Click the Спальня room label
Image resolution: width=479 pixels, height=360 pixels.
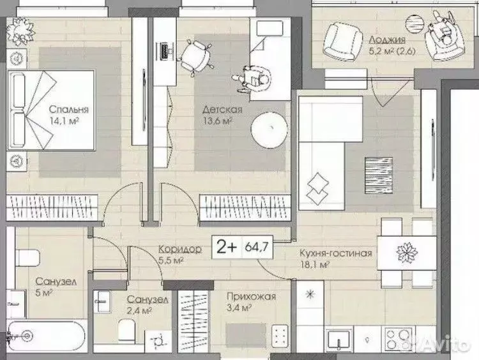click(69, 110)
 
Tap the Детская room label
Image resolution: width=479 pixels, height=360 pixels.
click(222, 110)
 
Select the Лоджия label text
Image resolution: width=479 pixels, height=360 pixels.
click(388, 40)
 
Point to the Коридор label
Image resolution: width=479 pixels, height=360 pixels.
click(180, 249)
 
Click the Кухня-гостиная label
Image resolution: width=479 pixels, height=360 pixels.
click(336, 253)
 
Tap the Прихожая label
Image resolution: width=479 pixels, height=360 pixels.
click(251, 296)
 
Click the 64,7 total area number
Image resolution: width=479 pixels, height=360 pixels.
click(257, 246)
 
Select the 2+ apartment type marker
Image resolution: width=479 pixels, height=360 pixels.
click(226, 246)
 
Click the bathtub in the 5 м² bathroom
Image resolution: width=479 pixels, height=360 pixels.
click(46, 336)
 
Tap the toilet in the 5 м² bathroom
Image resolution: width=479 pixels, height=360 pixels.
click(28, 258)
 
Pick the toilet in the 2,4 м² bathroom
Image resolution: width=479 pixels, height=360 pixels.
click(127, 330)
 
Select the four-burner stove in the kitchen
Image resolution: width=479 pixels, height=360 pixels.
click(399, 339)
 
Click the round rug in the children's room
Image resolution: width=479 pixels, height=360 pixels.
click(269, 130)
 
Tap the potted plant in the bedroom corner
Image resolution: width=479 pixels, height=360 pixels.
click(21, 31)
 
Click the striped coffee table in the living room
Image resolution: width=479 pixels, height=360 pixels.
click(379, 176)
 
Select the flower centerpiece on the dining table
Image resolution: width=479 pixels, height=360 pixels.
click(407, 253)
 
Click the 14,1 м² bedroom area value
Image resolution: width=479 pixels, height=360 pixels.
click(65, 121)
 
